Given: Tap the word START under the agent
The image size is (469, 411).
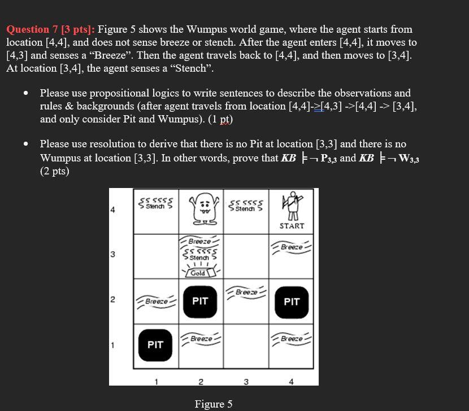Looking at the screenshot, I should click(x=292, y=226).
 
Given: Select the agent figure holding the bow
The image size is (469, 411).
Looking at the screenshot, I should click(x=292, y=204).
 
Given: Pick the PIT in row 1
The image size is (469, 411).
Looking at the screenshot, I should click(x=155, y=344).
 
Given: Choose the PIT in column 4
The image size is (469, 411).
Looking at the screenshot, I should click(x=292, y=301).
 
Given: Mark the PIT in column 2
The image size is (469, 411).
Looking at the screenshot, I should click(x=200, y=301).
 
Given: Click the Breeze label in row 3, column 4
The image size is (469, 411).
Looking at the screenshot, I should click(x=292, y=247).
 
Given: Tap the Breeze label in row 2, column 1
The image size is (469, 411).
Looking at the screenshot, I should click(x=155, y=301).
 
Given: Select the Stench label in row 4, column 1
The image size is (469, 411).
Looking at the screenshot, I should click(x=155, y=204).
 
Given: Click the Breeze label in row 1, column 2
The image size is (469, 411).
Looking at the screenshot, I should click(x=201, y=339).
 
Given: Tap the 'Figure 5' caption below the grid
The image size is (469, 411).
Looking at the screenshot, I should click(x=213, y=404).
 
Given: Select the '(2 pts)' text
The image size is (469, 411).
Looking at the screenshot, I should click(x=54, y=171).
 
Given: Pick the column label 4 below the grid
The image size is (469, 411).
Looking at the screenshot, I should click(x=291, y=382).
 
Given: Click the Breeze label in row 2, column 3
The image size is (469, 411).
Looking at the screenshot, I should click(x=246, y=292).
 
